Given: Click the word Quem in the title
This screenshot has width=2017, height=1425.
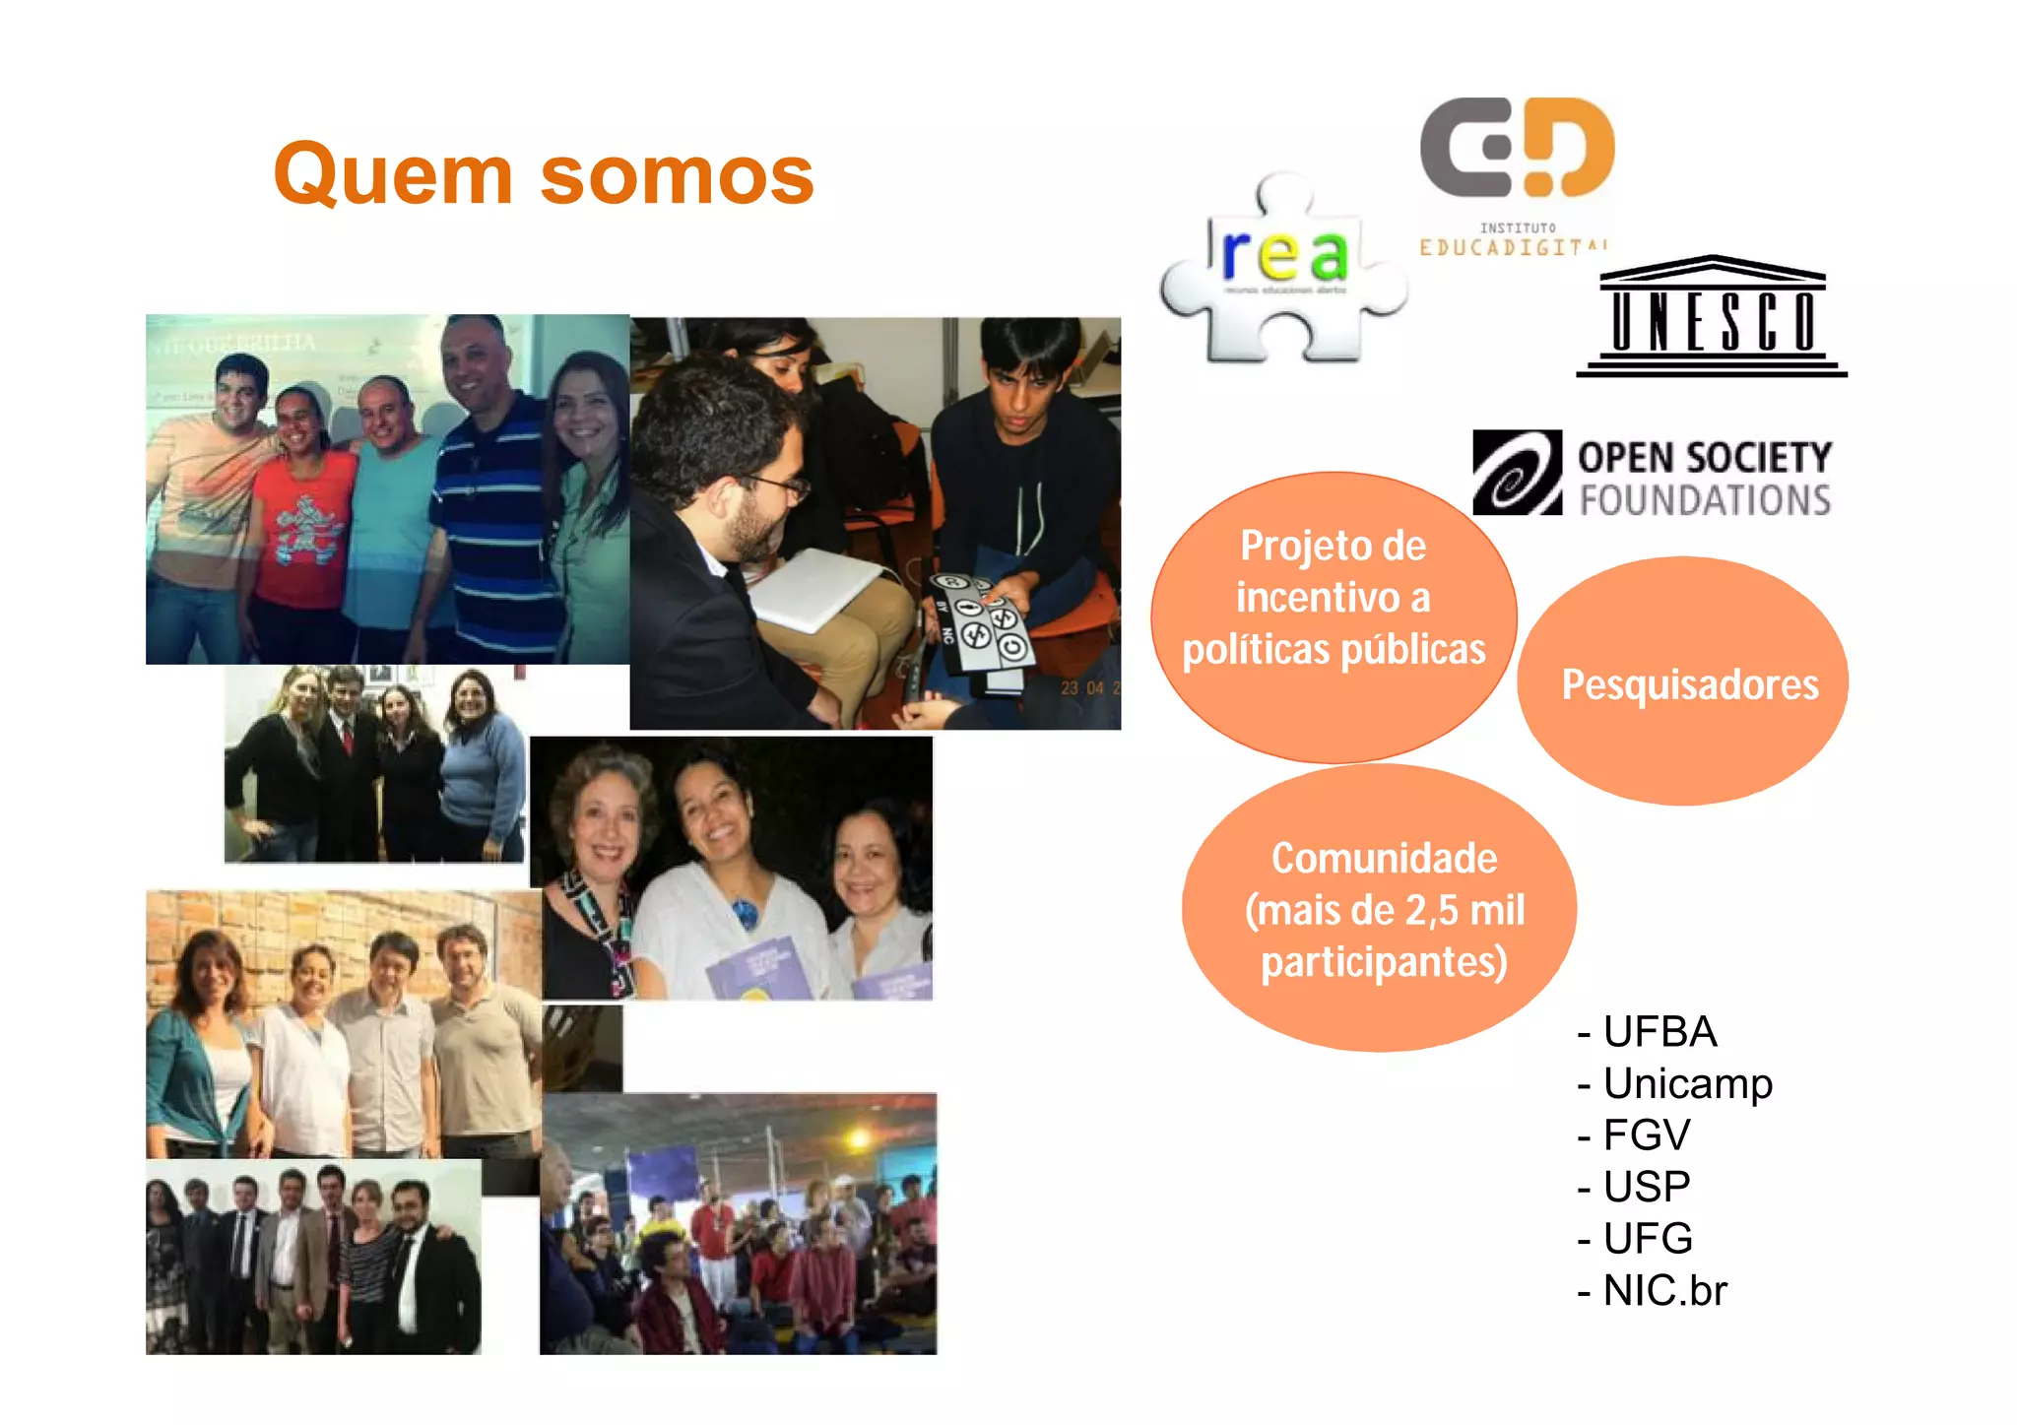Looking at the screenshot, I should [x=393, y=174].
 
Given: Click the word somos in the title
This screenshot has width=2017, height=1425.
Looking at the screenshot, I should [x=677, y=176].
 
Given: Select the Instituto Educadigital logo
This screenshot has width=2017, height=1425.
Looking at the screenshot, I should [x=1516, y=172].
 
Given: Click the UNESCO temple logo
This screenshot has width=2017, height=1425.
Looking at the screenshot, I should [x=1712, y=316].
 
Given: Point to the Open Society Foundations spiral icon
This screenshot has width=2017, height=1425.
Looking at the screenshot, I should [x=1517, y=473].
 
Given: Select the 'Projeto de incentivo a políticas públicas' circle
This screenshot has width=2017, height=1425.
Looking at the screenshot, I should [x=1334, y=616].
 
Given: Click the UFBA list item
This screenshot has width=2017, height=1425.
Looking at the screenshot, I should [x=1659, y=1032].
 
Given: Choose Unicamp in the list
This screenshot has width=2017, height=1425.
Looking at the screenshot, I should [x=1686, y=1083].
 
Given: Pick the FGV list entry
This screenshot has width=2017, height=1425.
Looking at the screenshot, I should [x=1645, y=1134].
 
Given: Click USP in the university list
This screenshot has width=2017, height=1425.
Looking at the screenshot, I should [x=1645, y=1187].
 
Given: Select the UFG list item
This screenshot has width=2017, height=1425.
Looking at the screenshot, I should [x=1647, y=1239].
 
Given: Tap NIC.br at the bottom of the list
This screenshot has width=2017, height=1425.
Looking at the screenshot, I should [x=1664, y=1290].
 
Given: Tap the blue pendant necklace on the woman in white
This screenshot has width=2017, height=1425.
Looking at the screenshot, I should [x=745, y=914].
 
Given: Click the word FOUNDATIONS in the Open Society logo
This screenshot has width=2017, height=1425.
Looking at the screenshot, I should [x=1705, y=500].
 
